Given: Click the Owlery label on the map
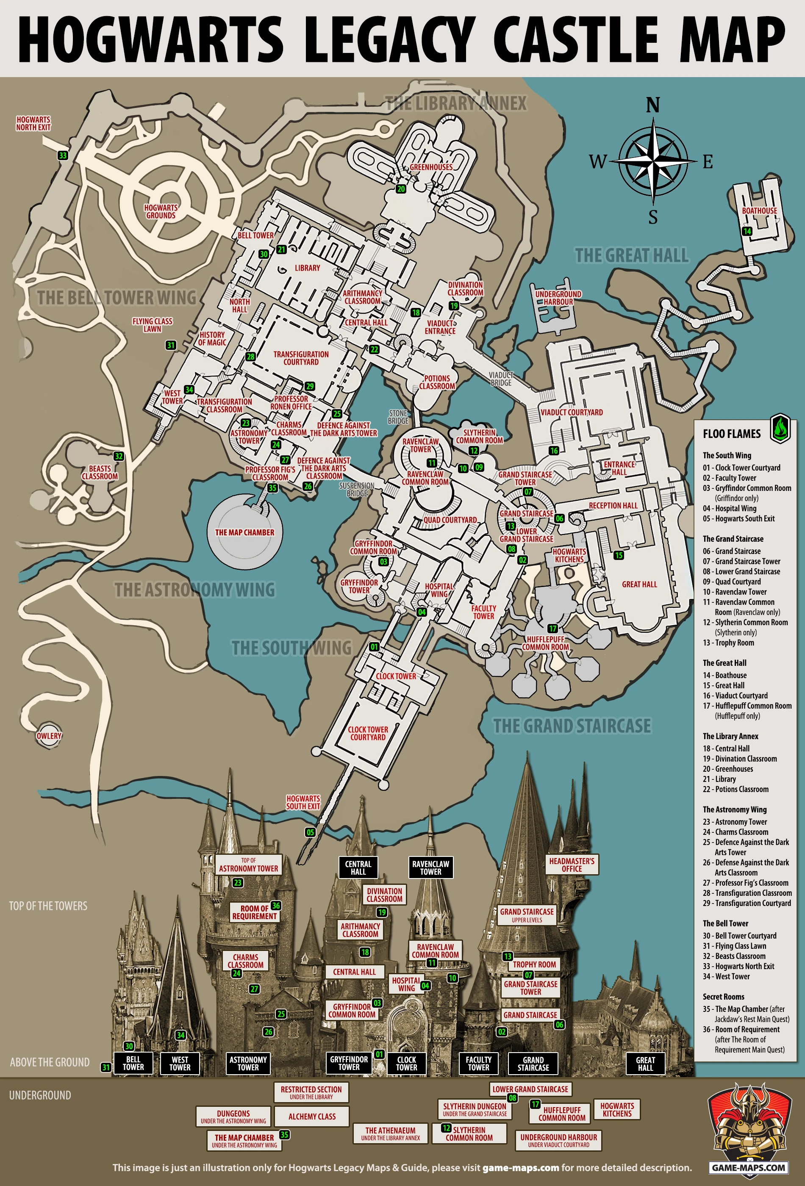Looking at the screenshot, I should [x=49, y=736].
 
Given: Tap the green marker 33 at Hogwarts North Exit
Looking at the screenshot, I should [x=63, y=155].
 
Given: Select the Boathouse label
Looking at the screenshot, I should [x=759, y=211].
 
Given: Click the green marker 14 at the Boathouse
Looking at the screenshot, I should [x=747, y=231].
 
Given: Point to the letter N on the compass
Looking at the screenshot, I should [x=653, y=105].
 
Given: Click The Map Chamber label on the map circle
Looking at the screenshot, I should [x=244, y=532].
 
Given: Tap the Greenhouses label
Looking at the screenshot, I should [x=431, y=167].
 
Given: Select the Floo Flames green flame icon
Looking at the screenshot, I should [x=780, y=429].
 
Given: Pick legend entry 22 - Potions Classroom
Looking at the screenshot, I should [x=735, y=789].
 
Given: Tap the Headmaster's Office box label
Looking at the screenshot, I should [x=572, y=865].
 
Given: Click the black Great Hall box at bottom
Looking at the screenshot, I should [x=645, y=1064].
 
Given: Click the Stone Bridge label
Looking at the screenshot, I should [x=398, y=417].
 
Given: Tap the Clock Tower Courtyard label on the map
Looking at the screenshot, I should [x=368, y=733].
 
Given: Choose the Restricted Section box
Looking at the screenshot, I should [x=311, y=1092].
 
